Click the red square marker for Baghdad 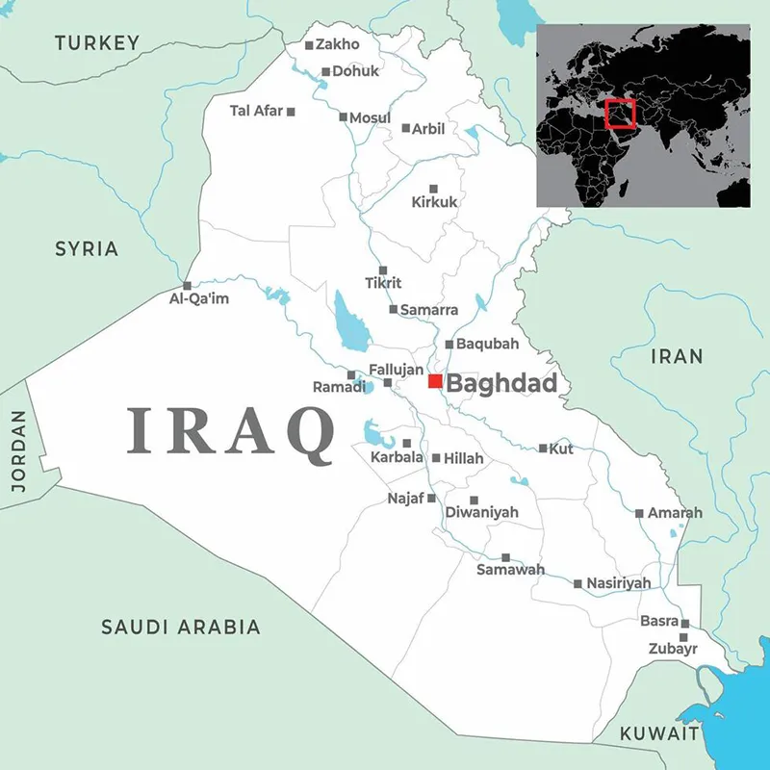435,382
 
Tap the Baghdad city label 502,384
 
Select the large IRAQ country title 231,429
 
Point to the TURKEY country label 97,42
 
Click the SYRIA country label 87,249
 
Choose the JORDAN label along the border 18,451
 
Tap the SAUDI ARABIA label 181,628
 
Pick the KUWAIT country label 659,733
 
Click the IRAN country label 677,356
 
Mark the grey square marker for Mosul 344,116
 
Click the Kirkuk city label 435,203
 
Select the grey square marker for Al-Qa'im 187,285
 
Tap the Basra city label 659,622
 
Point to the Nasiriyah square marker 577,583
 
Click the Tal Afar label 256,111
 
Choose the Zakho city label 337,44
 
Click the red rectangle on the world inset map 622,115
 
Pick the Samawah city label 510,570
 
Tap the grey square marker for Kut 543,448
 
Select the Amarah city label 675,513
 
